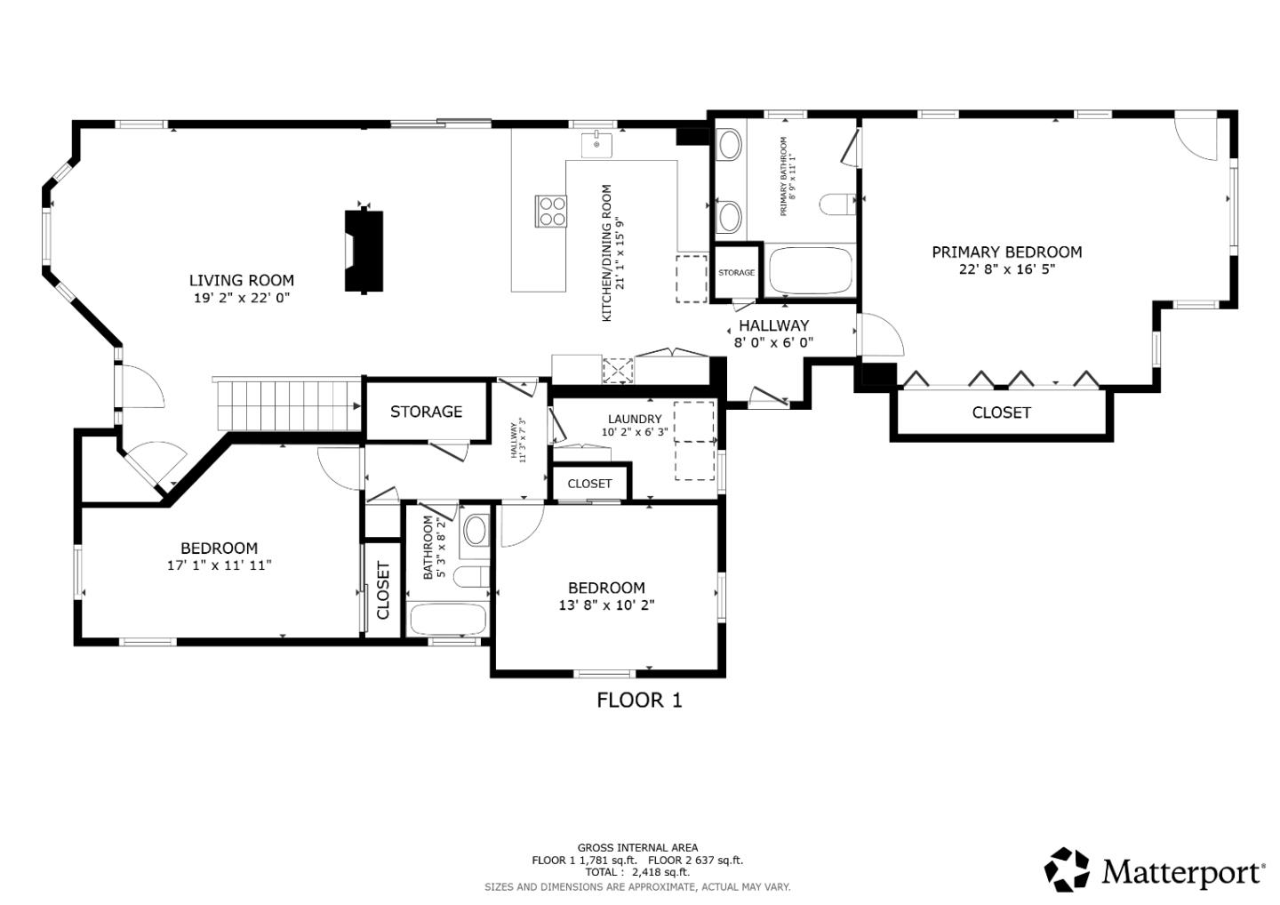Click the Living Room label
click(241, 281)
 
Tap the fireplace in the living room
click(364, 251)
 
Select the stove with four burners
click(551, 211)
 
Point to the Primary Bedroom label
click(1006, 252)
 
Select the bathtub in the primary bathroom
click(810, 271)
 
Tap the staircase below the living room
click(286, 404)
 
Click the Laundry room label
click(635, 420)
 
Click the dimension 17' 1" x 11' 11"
click(219, 565)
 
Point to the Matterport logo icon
click(1067, 869)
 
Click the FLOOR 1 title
click(639, 701)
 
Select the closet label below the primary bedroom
click(1001, 412)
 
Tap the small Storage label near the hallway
click(736, 273)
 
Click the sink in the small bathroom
click(476, 532)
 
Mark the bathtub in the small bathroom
click(448, 619)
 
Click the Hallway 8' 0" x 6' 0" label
click(773, 333)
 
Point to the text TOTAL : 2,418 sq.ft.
click(637, 872)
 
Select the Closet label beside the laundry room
click(589, 484)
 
